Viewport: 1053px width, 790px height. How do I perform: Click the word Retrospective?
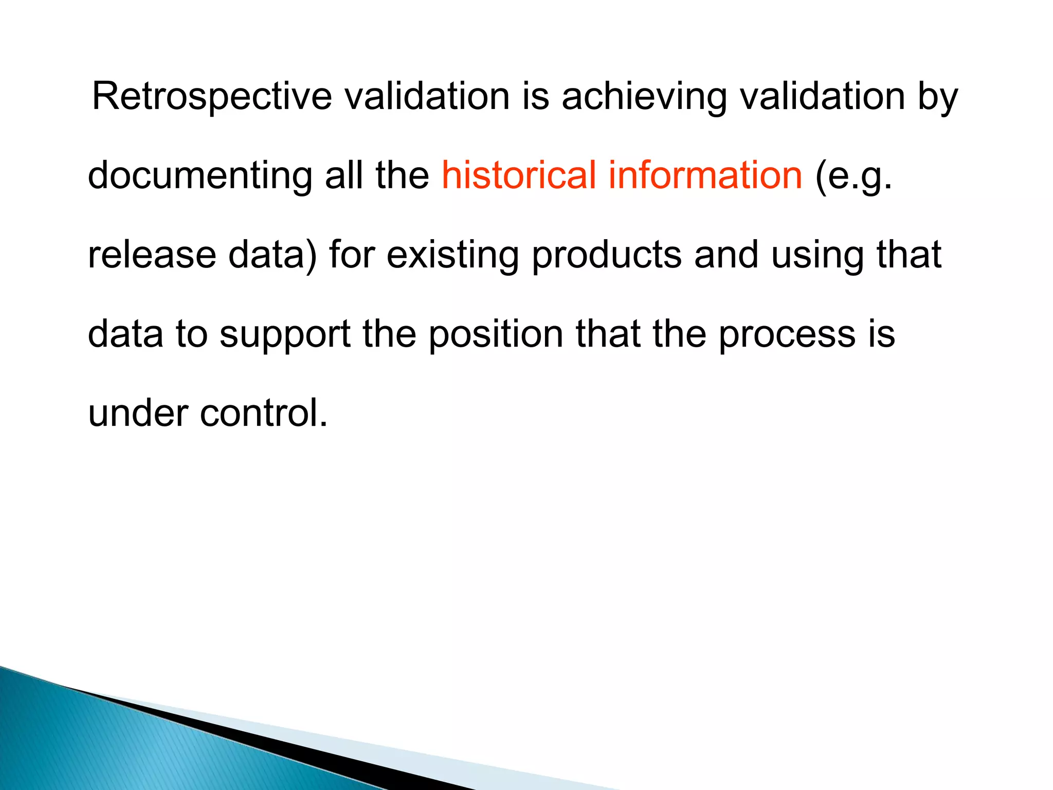(212, 97)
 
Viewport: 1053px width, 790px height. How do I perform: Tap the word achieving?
(644, 97)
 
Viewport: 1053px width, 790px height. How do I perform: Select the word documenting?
(199, 176)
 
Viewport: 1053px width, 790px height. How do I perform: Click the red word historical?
(519, 175)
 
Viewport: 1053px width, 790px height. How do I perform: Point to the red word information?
(705, 175)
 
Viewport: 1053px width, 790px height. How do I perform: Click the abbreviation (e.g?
(854, 176)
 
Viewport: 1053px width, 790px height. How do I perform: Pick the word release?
(152, 255)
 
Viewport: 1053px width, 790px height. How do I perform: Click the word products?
(607, 255)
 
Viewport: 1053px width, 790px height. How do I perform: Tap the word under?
(138, 413)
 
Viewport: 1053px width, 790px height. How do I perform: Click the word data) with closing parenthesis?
(273, 255)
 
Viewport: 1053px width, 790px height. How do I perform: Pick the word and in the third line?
(726, 255)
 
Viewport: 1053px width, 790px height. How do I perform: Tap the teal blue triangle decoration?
(103, 741)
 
